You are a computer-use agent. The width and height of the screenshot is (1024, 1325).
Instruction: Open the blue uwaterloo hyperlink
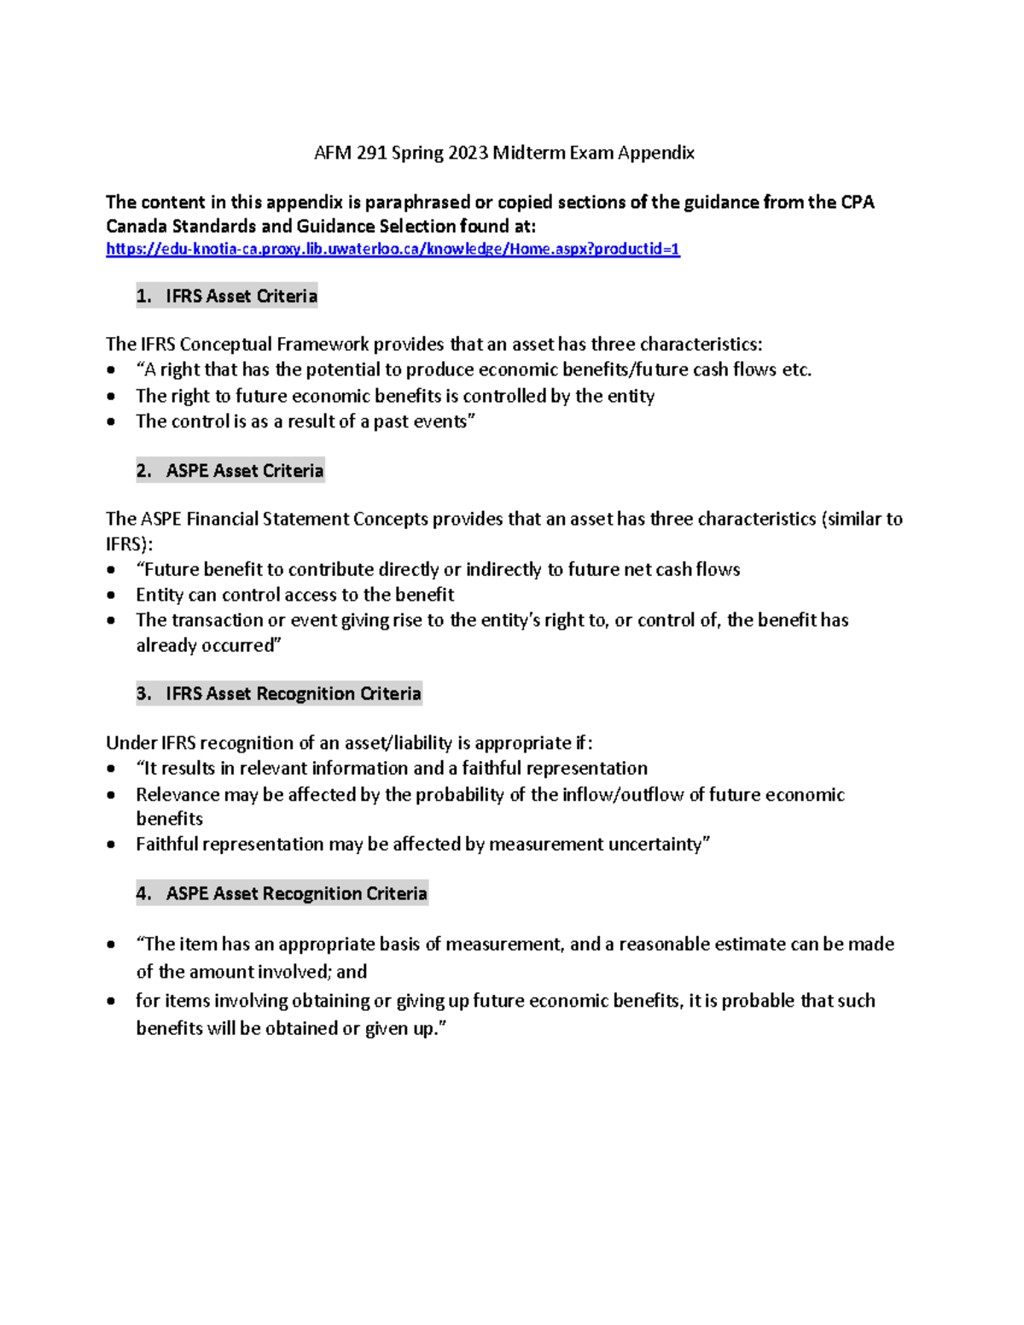[x=393, y=249]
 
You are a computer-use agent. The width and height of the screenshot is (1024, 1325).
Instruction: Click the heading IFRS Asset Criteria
[x=241, y=296]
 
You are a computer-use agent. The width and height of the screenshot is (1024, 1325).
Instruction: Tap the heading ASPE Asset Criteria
[x=244, y=471]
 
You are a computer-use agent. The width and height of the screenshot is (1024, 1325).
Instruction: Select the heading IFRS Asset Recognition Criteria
[x=293, y=694]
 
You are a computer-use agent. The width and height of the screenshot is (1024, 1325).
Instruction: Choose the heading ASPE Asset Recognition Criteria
[x=296, y=893]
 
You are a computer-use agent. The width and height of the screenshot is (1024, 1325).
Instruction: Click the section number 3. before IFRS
[x=143, y=694]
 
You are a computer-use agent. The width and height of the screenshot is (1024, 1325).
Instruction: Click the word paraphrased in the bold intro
[x=417, y=202]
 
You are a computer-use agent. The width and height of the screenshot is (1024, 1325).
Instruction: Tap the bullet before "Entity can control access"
[x=111, y=595]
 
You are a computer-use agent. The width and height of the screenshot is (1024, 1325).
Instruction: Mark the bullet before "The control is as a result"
[x=111, y=421]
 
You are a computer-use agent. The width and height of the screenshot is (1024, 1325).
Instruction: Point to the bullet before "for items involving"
[x=111, y=1001]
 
